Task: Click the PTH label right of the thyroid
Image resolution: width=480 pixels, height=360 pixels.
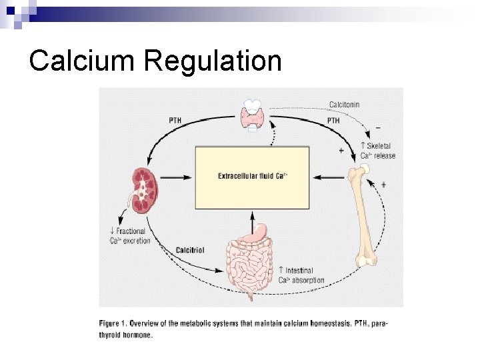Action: click(333, 120)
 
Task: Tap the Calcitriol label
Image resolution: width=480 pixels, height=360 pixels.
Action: click(190, 249)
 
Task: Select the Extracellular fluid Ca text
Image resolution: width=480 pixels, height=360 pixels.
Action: click(252, 176)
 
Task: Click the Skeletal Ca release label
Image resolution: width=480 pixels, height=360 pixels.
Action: click(377, 151)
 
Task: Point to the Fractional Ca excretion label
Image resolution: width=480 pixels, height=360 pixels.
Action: click(131, 236)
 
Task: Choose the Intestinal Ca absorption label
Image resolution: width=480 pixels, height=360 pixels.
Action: click(301, 275)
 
